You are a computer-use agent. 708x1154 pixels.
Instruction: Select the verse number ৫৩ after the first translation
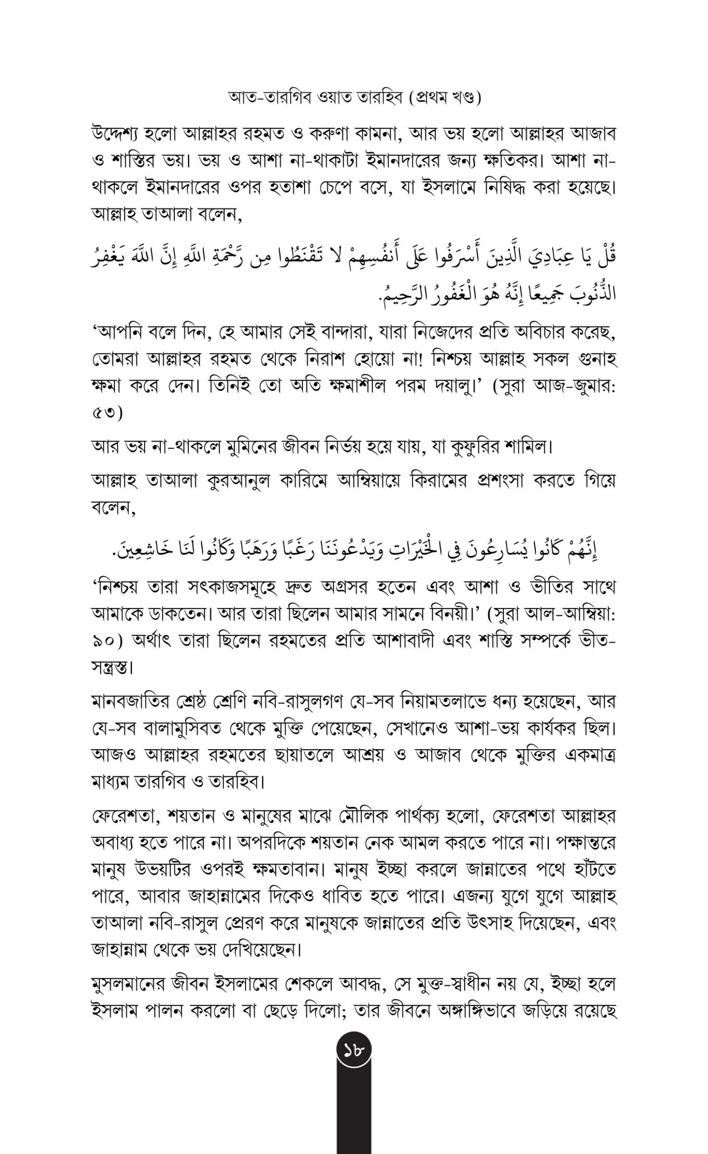[107, 413]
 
